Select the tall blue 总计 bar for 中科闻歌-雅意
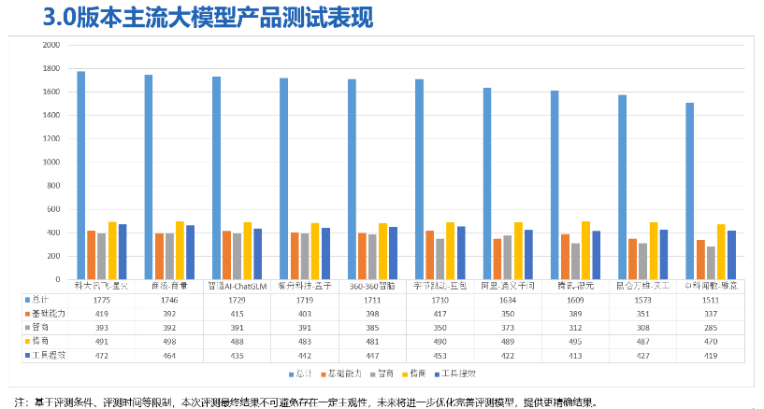689,190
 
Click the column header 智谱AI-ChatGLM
236,285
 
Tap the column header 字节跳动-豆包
439,285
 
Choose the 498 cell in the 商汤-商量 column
168,343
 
